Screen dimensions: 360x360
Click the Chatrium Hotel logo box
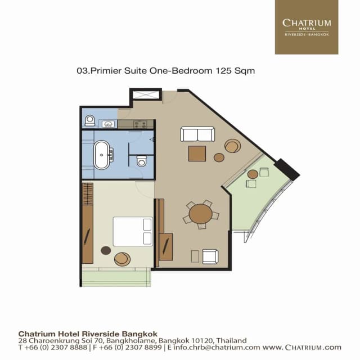coord(306,27)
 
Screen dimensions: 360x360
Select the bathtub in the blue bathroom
coord(102,155)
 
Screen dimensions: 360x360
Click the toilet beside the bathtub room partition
coord(142,161)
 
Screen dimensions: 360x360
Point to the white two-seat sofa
coord(197,134)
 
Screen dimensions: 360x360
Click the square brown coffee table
coord(197,154)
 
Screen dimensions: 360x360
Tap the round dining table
coord(201,214)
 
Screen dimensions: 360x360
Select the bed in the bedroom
coord(133,231)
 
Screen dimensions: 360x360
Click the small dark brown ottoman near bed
coord(106,250)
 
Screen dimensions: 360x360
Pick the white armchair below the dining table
coord(210,256)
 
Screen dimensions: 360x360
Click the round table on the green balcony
coord(253,174)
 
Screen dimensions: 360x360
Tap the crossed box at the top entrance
coord(147,94)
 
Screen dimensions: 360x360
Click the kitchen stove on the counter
coord(140,124)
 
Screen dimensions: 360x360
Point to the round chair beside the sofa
coord(232,146)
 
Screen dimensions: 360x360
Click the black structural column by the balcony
coord(287,169)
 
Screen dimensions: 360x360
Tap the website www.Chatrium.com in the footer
coord(302,348)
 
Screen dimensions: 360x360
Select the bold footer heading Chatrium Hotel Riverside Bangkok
coord(88,332)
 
